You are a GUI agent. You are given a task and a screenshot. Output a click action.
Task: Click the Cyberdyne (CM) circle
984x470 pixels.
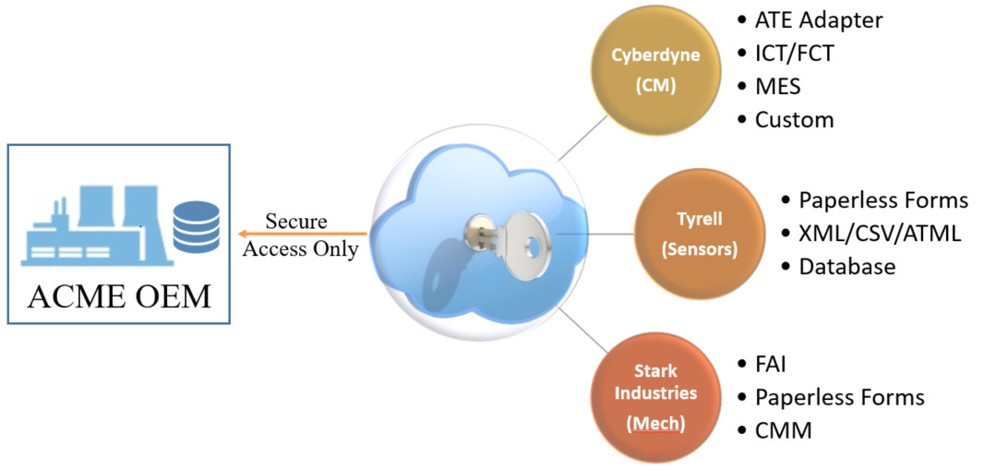click(656, 70)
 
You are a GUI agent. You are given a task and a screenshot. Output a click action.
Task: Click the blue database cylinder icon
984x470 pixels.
click(196, 226)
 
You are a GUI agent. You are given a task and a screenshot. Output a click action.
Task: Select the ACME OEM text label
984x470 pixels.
click(118, 296)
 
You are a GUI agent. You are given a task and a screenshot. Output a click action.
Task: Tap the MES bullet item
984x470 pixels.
click(777, 87)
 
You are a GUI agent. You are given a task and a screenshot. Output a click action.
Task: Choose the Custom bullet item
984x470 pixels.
click(794, 120)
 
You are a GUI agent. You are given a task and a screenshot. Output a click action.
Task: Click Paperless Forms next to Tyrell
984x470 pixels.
click(882, 200)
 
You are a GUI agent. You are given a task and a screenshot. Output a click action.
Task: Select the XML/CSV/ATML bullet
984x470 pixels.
click(880, 234)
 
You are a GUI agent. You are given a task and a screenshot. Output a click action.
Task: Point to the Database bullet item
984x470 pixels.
click(846, 267)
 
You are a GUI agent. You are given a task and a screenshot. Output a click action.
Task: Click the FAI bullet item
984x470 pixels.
click(770, 364)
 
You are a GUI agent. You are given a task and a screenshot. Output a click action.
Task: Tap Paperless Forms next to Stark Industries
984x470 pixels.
click(839, 397)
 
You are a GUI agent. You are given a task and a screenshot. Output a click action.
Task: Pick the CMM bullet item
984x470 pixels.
click(783, 430)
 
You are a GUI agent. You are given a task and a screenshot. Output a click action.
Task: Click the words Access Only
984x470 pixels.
click(300, 248)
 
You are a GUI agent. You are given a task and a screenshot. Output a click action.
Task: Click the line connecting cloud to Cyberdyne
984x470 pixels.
click(578, 139)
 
